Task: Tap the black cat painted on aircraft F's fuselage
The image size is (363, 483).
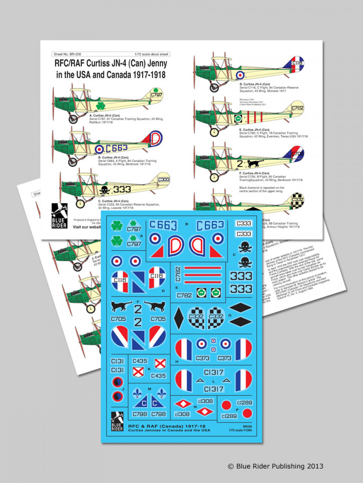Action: (x=255, y=164)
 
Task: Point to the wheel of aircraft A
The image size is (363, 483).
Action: (x=73, y=118)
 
